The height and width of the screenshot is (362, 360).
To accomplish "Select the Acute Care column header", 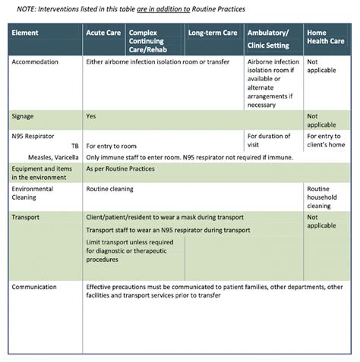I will [x=103, y=34].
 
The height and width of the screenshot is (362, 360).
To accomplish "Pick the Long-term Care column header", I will [x=213, y=34].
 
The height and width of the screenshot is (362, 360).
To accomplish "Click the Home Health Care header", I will [x=323, y=39].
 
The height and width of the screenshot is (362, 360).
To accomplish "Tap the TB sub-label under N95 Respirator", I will [x=75, y=144].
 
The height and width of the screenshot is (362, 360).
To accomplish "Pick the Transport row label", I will [x=27, y=217].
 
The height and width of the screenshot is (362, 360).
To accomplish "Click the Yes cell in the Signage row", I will [x=91, y=117].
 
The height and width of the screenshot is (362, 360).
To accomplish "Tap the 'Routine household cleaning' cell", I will [x=322, y=197].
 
